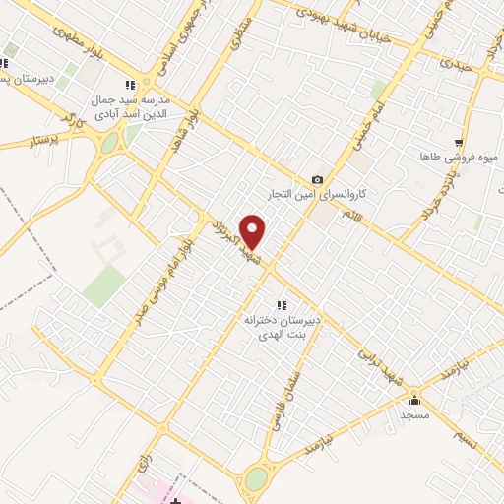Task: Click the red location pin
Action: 253,231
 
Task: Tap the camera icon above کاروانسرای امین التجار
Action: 316,179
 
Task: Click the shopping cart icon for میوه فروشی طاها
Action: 458,143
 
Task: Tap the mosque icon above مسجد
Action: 414,400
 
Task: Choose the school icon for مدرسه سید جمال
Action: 128,86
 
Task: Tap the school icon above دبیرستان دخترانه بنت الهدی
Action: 281,304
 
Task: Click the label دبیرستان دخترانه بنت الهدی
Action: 282,326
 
